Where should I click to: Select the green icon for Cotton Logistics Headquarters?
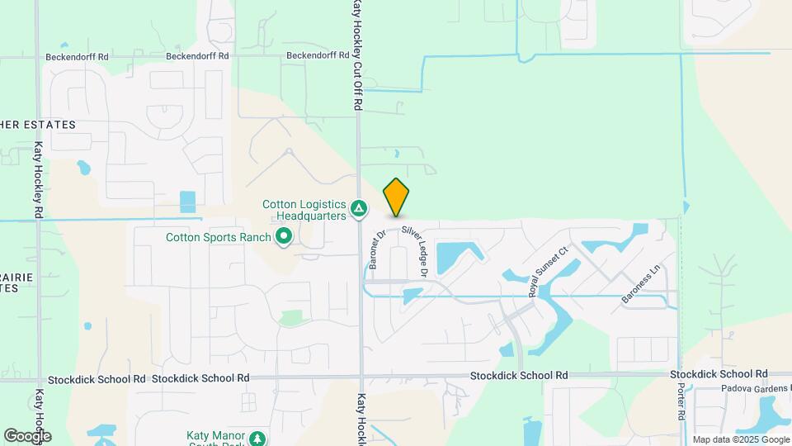359,209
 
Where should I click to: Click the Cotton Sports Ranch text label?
219,237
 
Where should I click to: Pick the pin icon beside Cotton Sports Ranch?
285,238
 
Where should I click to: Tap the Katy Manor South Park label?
217,439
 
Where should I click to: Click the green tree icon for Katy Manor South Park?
259,439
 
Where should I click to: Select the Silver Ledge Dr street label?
415,249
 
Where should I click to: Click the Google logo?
27,435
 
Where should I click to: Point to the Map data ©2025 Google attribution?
741,439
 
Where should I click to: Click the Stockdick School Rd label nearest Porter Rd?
719,374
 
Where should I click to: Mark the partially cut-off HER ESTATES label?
38,125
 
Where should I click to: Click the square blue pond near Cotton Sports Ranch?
188,202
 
